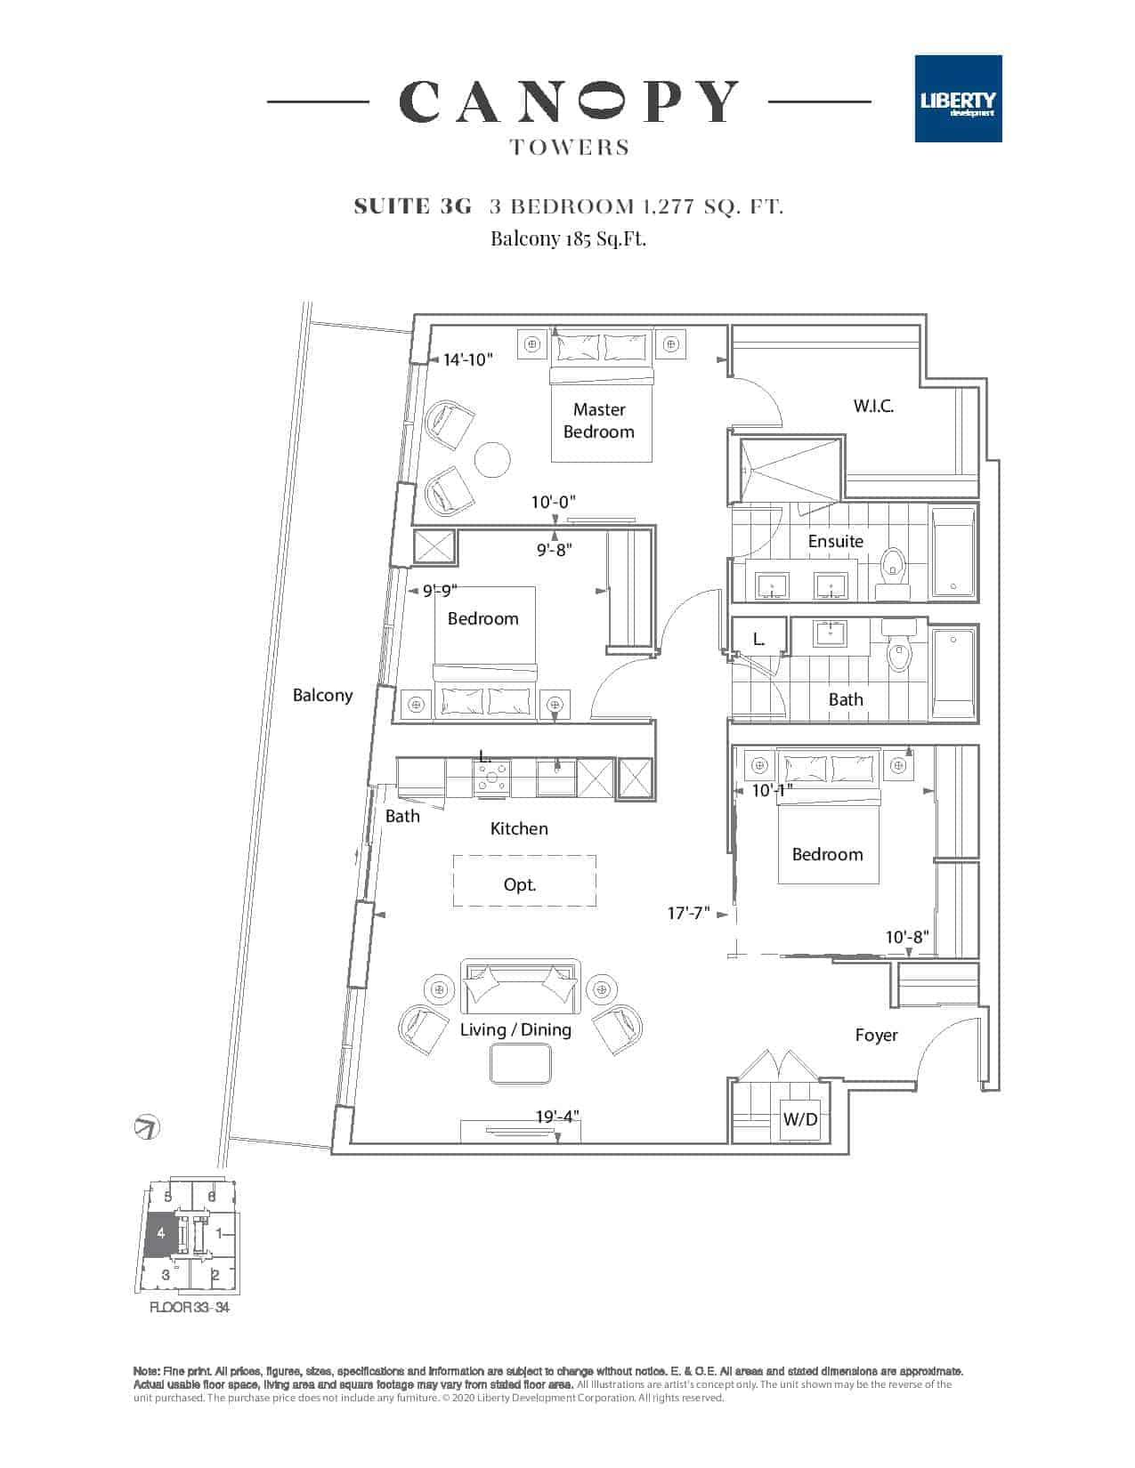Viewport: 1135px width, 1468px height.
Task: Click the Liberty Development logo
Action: [958, 99]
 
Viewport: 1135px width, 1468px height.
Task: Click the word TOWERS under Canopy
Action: [570, 148]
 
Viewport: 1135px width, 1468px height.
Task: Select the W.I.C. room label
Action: [873, 407]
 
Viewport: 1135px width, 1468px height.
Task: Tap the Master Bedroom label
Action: [599, 421]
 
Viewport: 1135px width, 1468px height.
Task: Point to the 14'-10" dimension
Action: [467, 359]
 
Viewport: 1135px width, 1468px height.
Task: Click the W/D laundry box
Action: [799, 1120]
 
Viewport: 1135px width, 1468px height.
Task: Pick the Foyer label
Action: [876, 1035]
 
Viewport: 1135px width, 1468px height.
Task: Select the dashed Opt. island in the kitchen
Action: [524, 881]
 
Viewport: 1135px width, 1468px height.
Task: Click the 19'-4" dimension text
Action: [555, 1116]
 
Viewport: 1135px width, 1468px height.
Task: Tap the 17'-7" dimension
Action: [688, 913]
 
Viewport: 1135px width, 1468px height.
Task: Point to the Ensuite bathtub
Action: [953, 552]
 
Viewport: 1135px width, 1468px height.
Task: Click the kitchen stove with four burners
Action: [492, 776]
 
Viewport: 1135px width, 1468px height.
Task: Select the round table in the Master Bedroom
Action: [492, 459]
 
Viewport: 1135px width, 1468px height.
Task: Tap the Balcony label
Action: [322, 696]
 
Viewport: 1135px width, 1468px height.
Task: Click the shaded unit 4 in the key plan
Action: [160, 1234]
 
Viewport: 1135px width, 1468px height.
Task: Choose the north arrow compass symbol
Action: [146, 1127]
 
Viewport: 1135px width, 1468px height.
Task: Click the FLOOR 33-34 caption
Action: [190, 1308]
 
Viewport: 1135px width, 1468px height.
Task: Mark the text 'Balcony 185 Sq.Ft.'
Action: [568, 238]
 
